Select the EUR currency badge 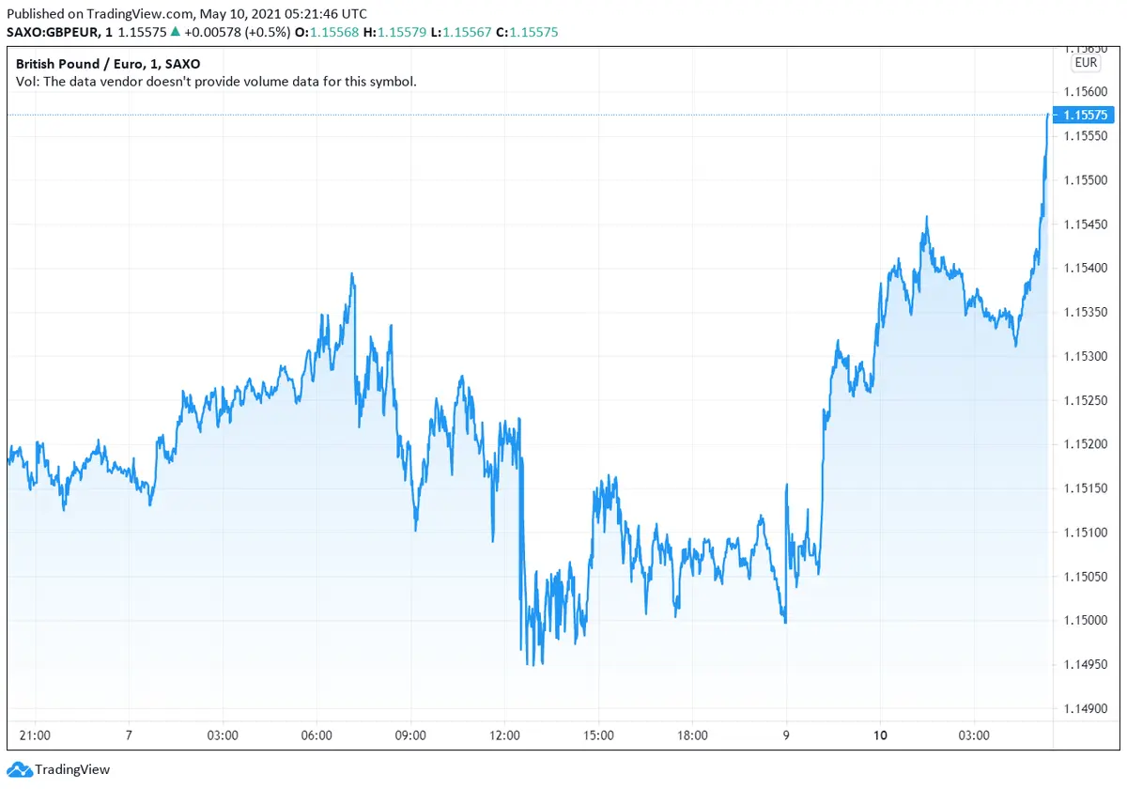point(1085,63)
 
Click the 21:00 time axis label point(35,735)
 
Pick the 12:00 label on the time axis point(504,735)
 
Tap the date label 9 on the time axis point(786,735)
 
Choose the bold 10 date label point(880,735)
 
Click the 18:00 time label point(692,735)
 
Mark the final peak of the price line point(1047,115)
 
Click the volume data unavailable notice point(216,82)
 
